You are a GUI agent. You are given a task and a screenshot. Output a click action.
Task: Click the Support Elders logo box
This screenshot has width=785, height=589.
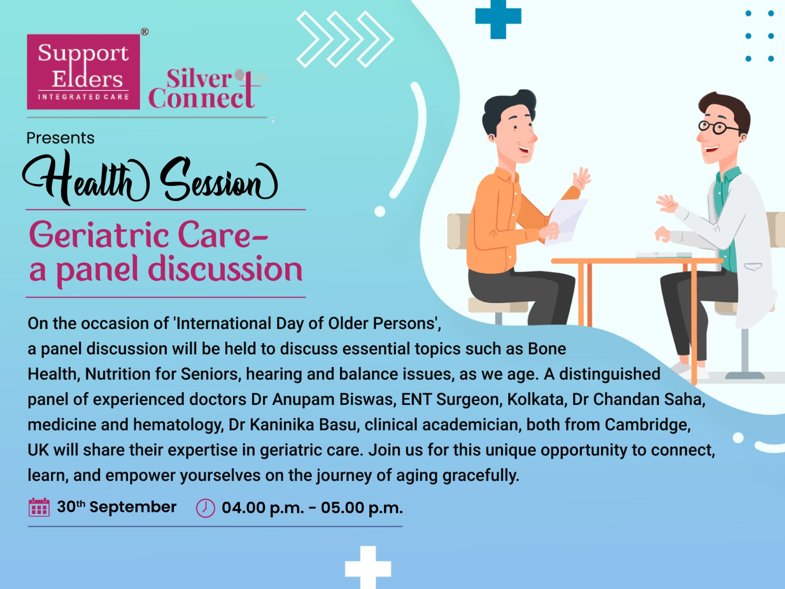point(83,72)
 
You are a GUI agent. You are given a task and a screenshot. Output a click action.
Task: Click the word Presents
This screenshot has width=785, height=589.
point(60,138)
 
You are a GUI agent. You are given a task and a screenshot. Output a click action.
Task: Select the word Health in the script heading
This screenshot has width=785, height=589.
point(86,178)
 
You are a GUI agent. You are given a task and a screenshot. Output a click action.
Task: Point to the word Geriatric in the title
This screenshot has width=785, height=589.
point(99,235)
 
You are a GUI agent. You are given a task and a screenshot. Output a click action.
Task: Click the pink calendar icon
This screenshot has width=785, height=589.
point(39,507)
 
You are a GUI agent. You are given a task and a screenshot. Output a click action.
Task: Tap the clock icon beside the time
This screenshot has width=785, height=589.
point(206,508)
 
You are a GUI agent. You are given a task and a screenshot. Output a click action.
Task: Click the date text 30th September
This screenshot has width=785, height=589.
point(117,507)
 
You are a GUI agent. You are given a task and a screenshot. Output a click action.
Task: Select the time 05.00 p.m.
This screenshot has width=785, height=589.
point(362,508)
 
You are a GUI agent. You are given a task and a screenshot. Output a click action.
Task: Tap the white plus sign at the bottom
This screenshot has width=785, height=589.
point(368,568)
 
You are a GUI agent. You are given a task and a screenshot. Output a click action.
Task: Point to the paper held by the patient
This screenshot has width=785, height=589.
point(566,222)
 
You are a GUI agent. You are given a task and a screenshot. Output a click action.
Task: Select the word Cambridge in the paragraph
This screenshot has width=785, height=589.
point(647,425)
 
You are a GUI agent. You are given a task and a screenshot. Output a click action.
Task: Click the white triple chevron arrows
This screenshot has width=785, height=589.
point(345,39)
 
